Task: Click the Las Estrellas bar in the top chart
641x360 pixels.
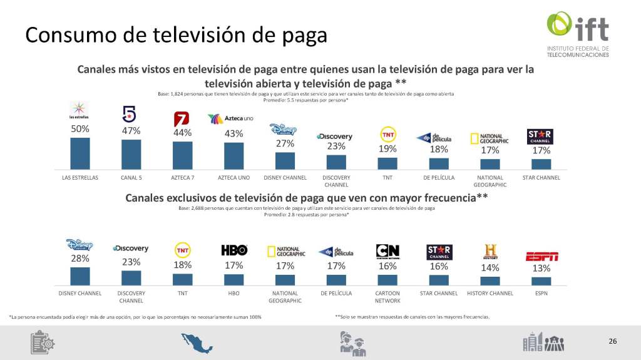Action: [80, 153]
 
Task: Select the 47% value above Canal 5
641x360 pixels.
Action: [131, 131]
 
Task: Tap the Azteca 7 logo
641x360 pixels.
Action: [182, 118]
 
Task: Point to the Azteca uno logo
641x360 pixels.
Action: [230, 118]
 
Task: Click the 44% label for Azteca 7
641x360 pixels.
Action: [183, 133]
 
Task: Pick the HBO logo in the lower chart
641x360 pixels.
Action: [234, 250]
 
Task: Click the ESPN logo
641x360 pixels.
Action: [541, 255]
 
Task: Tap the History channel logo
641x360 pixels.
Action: [490, 251]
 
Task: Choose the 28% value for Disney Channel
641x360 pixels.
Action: [80, 259]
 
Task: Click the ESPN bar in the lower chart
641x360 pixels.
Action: [541, 280]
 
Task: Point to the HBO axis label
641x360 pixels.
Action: [233, 293]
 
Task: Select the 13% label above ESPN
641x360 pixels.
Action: [541, 269]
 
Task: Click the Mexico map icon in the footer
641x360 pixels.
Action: [197, 342]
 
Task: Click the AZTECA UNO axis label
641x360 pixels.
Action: [233, 178]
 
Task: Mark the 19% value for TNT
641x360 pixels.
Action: [387, 150]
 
